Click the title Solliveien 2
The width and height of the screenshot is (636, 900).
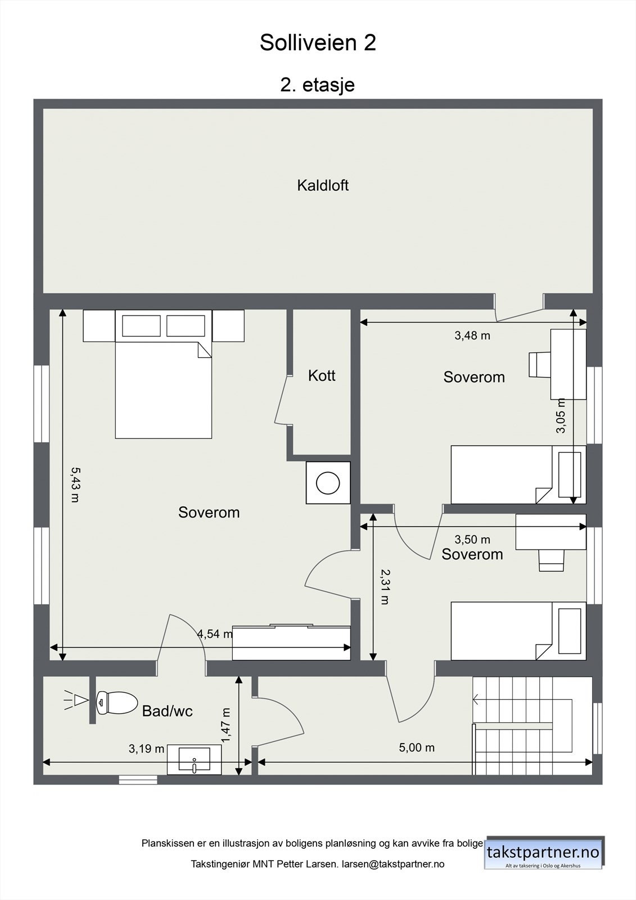(318, 43)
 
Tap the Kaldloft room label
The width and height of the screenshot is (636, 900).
(323, 185)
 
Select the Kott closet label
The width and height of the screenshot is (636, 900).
(322, 375)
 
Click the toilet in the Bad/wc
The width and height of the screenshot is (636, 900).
(117, 702)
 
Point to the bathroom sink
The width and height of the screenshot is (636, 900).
(195, 760)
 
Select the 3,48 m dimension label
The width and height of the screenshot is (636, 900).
(472, 336)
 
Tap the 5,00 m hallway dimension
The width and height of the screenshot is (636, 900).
(417, 747)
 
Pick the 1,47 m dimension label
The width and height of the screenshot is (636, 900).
(226, 724)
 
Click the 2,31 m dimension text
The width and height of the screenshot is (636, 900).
(385, 586)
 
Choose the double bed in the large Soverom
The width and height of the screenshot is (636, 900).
(163, 389)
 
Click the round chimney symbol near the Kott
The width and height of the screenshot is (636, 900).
(328, 483)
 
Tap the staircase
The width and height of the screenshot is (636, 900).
(523, 726)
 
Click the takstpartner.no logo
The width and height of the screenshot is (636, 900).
(543, 853)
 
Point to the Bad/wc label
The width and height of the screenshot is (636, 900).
(167, 711)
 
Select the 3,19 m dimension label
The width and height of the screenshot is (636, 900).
(146, 749)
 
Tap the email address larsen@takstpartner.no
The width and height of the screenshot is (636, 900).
(393, 864)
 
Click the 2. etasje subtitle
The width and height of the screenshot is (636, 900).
(318, 85)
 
